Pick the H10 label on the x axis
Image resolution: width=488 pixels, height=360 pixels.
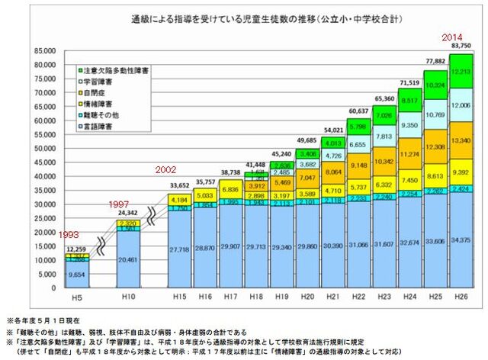128,294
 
